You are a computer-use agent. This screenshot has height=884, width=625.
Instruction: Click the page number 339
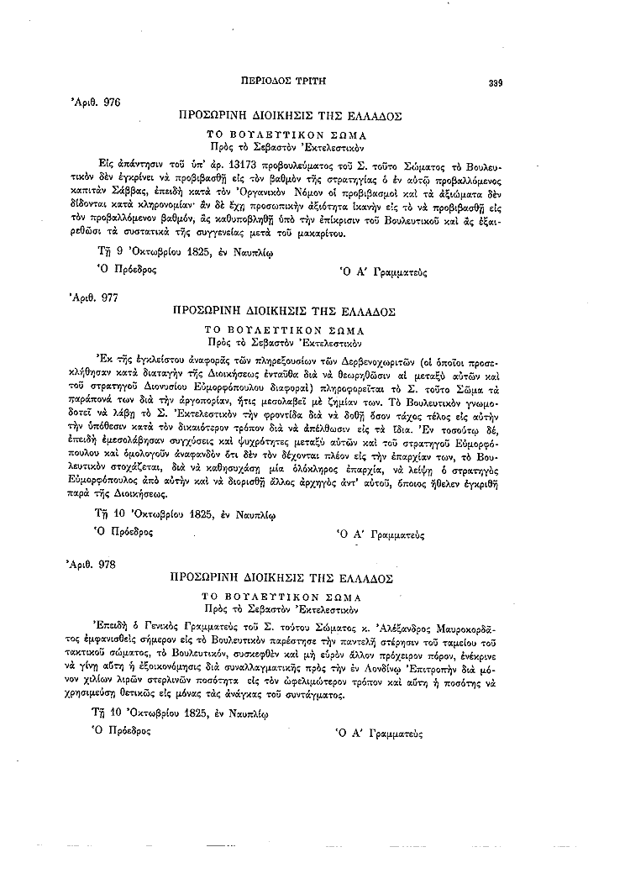click(x=495, y=82)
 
